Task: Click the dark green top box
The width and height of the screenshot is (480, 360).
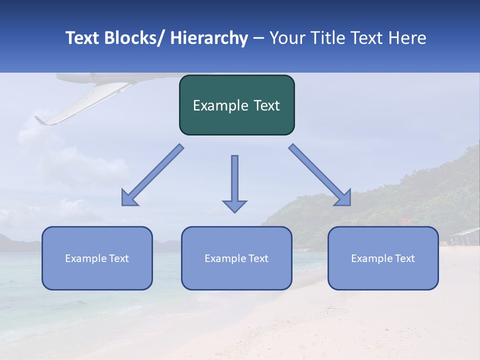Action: [x=236, y=105]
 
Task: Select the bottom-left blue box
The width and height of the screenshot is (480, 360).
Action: [x=97, y=258]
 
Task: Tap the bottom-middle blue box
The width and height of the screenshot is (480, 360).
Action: [x=236, y=258]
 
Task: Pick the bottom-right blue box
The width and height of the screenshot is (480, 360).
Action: [x=383, y=258]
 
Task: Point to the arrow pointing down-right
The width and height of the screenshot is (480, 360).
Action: [x=320, y=175]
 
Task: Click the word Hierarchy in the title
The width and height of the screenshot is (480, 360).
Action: [x=209, y=38]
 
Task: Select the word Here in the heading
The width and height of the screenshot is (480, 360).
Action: [x=407, y=38]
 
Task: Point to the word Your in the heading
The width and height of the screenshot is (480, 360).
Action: [x=286, y=38]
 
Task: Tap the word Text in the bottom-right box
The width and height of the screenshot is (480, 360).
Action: [x=404, y=258]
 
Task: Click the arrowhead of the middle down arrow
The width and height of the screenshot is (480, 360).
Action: [x=234, y=206]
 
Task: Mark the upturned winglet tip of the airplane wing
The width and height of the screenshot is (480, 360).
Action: [x=38, y=120]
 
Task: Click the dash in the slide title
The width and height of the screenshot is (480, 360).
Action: [x=259, y=38]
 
